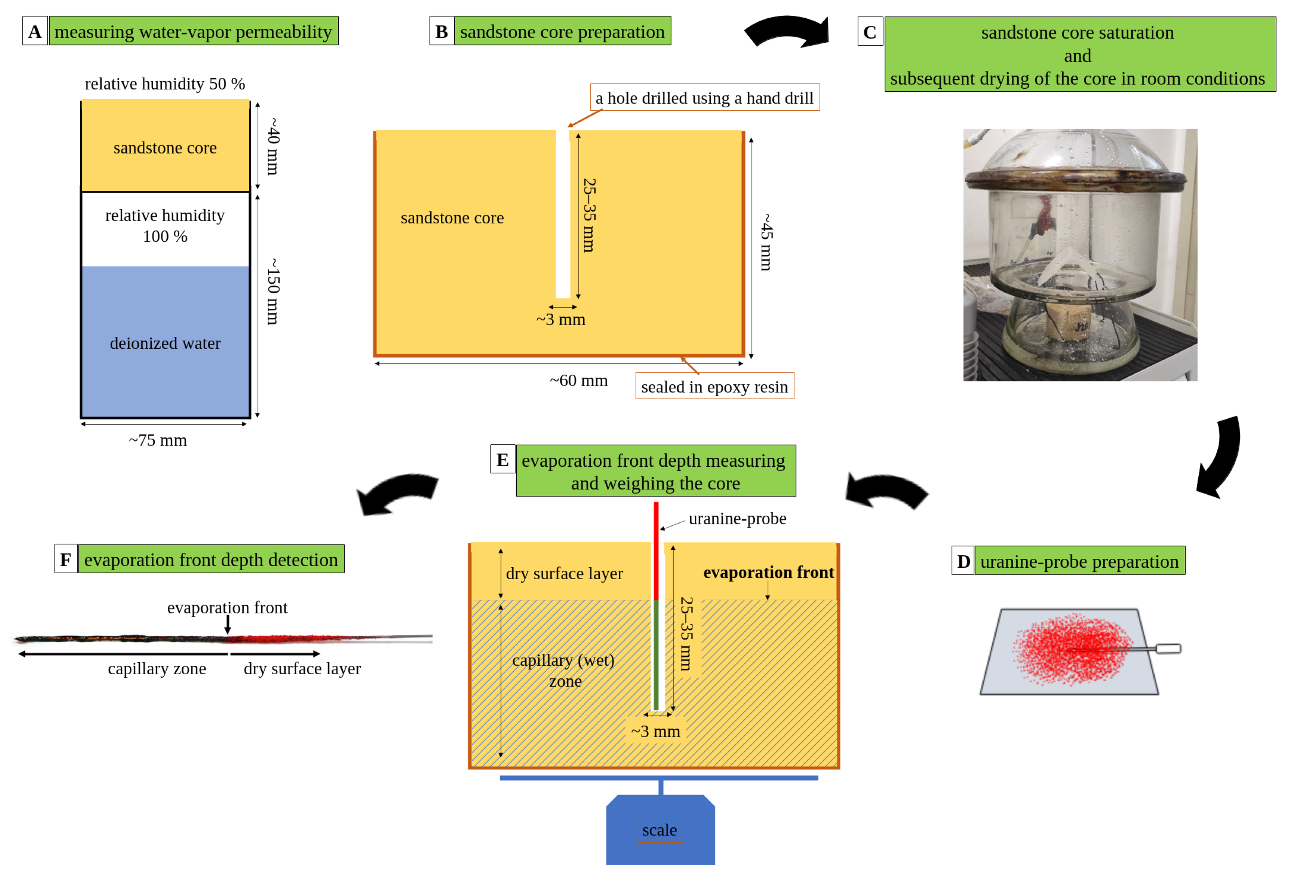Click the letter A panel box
34,31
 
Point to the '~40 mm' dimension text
273,146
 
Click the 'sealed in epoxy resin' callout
714,387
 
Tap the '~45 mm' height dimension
766,242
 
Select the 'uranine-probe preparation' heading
1079,561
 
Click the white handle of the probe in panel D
1168,648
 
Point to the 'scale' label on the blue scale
659,830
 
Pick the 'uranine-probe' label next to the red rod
737,518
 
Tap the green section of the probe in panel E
656,655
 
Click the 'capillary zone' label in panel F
157,668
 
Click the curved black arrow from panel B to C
788,32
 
